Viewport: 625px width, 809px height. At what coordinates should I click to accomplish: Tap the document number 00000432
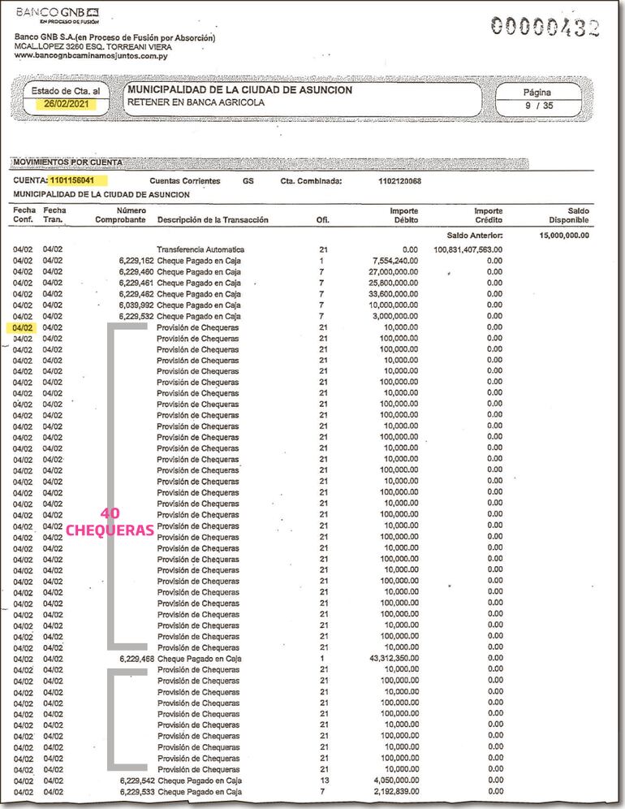coord(545,28)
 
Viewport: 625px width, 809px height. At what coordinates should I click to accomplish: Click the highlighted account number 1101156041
coord(79,180)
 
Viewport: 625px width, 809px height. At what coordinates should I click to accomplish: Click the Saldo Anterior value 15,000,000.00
coord(564,236)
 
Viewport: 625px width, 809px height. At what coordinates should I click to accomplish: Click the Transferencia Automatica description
coord(200,249)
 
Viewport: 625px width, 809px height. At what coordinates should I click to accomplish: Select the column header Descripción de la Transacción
coord(213,220)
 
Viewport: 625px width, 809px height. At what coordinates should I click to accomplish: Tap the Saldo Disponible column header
coord(568,215)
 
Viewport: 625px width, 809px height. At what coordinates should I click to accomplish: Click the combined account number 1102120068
coord(399,181)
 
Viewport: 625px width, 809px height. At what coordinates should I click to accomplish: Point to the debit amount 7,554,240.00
coord(394,261)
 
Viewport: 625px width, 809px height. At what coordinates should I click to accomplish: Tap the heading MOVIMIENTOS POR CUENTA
coord(68,162)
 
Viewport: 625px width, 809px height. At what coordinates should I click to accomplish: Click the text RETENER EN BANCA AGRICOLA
coord(196,103)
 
